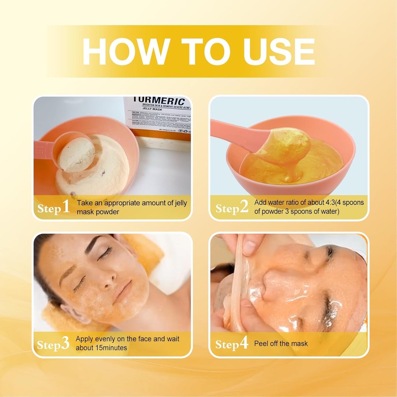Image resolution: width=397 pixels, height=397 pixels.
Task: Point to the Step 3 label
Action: [x=53, y=344]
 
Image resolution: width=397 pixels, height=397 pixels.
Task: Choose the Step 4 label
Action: [x=232, y=344]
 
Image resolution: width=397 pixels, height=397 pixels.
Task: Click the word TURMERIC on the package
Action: [x=159, y=101]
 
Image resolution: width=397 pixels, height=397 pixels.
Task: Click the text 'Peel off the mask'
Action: [x=281, y=343]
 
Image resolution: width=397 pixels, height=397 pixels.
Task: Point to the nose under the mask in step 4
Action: [x=271, y=280]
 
